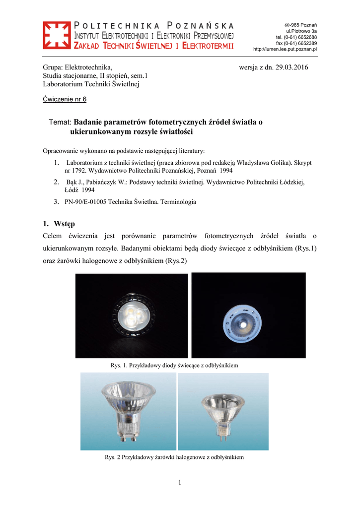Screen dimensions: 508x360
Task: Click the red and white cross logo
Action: pyautogui.click(x=57, y=35)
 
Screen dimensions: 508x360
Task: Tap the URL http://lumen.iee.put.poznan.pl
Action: pyautogui.click(x=285, y=49)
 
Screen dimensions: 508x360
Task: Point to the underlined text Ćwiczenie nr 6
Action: pyautogui.click(x=65, y=99)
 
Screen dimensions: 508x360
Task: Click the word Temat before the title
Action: pyautogui.click(x=61, y=122)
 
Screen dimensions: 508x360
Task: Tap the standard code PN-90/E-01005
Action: pyautogui.click(x=85, y=202)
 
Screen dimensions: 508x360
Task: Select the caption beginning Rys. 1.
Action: pyautogui.click(x=174, y=365)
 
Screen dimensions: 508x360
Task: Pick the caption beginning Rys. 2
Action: pyautogui.click(x=174, y=457)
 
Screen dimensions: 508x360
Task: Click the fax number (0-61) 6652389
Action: pyautogui.click(x=301, y=43)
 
